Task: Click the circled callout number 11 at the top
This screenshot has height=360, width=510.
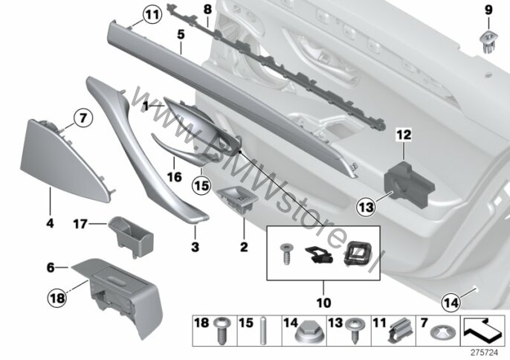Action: pos(152,15)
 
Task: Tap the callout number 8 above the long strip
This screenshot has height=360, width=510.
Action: pos(207,9)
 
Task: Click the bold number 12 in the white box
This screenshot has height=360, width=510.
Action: pos(404,135)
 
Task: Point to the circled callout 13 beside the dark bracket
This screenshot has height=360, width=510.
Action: pos(367,207)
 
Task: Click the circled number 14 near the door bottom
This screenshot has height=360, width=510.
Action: pos(451,303)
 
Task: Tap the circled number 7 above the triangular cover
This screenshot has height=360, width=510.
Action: pos(83,118)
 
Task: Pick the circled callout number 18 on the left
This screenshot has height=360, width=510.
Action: pos(57,298)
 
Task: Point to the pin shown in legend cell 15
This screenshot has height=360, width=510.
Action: pos(263,331)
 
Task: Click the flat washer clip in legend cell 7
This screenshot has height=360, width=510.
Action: pos(440,333)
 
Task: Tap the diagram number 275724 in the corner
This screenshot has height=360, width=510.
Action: pos(485,353)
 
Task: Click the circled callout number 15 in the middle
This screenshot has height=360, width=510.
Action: pos(201,186)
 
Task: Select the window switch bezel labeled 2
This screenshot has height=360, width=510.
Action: pos(238,199)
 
